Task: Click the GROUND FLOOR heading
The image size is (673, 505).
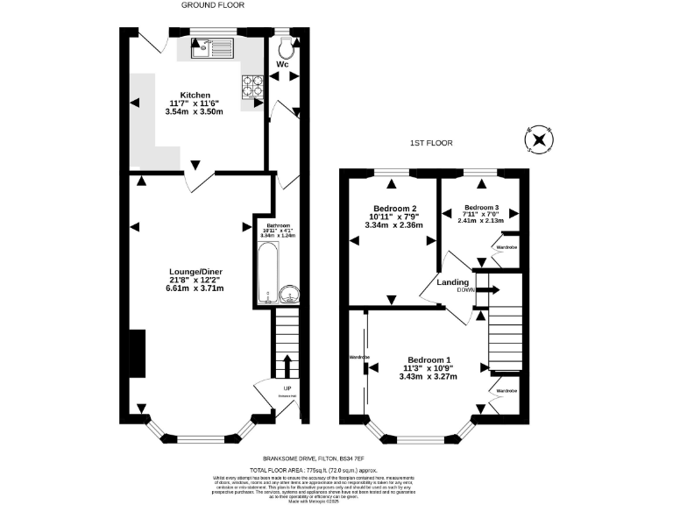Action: click(212, 4)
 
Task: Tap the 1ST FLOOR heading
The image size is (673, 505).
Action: click(432, 142)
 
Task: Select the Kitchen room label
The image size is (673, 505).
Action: click(195, 95)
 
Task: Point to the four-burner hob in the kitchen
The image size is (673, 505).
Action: click(252, 86)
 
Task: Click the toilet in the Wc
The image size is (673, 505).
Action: click(284, 46)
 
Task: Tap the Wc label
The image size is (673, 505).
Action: click(283, 65)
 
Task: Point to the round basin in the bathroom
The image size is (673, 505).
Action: click(288, 293)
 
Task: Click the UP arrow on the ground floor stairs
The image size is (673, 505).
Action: click(287, 364)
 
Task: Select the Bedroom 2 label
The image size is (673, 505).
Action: click(393, 208)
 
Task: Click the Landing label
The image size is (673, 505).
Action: click(452, 281)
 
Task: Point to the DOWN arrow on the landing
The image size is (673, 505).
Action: click(488, 290)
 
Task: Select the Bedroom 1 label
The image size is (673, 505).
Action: click(429, 359)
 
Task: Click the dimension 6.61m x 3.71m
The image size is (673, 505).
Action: click(195, 288)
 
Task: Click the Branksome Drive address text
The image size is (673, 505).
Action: click(336, 457)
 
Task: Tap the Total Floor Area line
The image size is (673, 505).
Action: click(336, 469)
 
